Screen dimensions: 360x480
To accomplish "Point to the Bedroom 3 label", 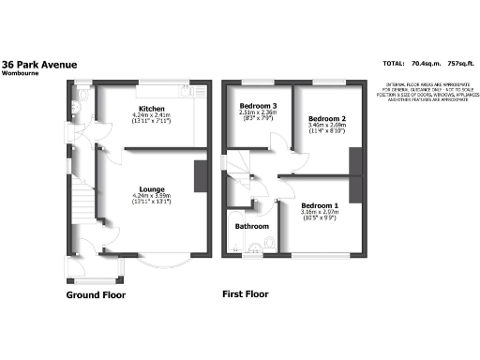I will click(258, 104).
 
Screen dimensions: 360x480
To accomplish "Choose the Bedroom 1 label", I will click(321, 204).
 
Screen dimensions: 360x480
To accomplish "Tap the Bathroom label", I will click(251, 227).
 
